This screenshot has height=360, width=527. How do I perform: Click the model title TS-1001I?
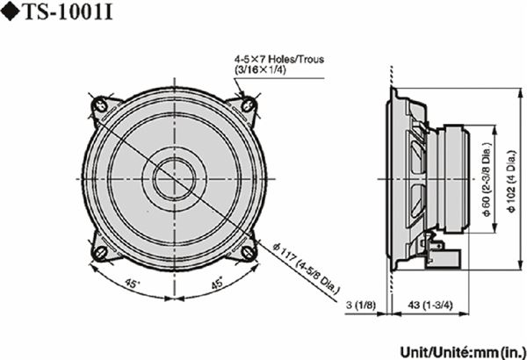pyautogui.click(x=69, y=12)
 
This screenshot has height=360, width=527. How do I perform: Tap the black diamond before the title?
pyautogui.click(x=11, y=12)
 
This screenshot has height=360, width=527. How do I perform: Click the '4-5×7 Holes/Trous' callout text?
pyautogui.click(x=279, y=59)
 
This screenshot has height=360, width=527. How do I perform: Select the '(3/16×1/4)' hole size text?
pyautogui.click(x=260, y=70)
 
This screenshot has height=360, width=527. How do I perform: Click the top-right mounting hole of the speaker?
pyautogui.click(x=249, y=104)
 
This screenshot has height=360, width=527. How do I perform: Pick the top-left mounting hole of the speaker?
pyautogui.click(x=99, y=104)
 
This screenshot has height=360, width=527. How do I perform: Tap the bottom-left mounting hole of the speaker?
pyautogui.click(x=100, y=253)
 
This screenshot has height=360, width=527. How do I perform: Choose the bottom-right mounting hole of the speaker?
pyautogui.click(x=249, y=253)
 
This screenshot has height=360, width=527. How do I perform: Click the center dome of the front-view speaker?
pyautogui.click(x=174, y=178)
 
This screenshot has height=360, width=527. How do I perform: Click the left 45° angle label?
pyautogui.click(x=132, y=284)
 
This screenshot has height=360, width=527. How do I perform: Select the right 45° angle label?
pyautogui.click(x=217, y=283)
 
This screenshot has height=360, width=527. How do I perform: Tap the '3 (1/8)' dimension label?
pyautogui.click(x=361, y=305)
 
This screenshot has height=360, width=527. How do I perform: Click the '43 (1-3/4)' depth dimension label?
pyautogui.click(x=430, y=305)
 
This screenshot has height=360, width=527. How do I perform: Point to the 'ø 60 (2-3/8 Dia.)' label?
pyautogui.click(x=487, y=179)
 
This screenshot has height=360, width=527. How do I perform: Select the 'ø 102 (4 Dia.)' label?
pyautogui.click(x=511, y=181)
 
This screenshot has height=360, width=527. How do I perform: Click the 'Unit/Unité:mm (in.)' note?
pyautogui.click(x=463, y=352)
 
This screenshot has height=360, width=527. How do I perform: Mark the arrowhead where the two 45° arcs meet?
pyautogui.click(x=174, y=298)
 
